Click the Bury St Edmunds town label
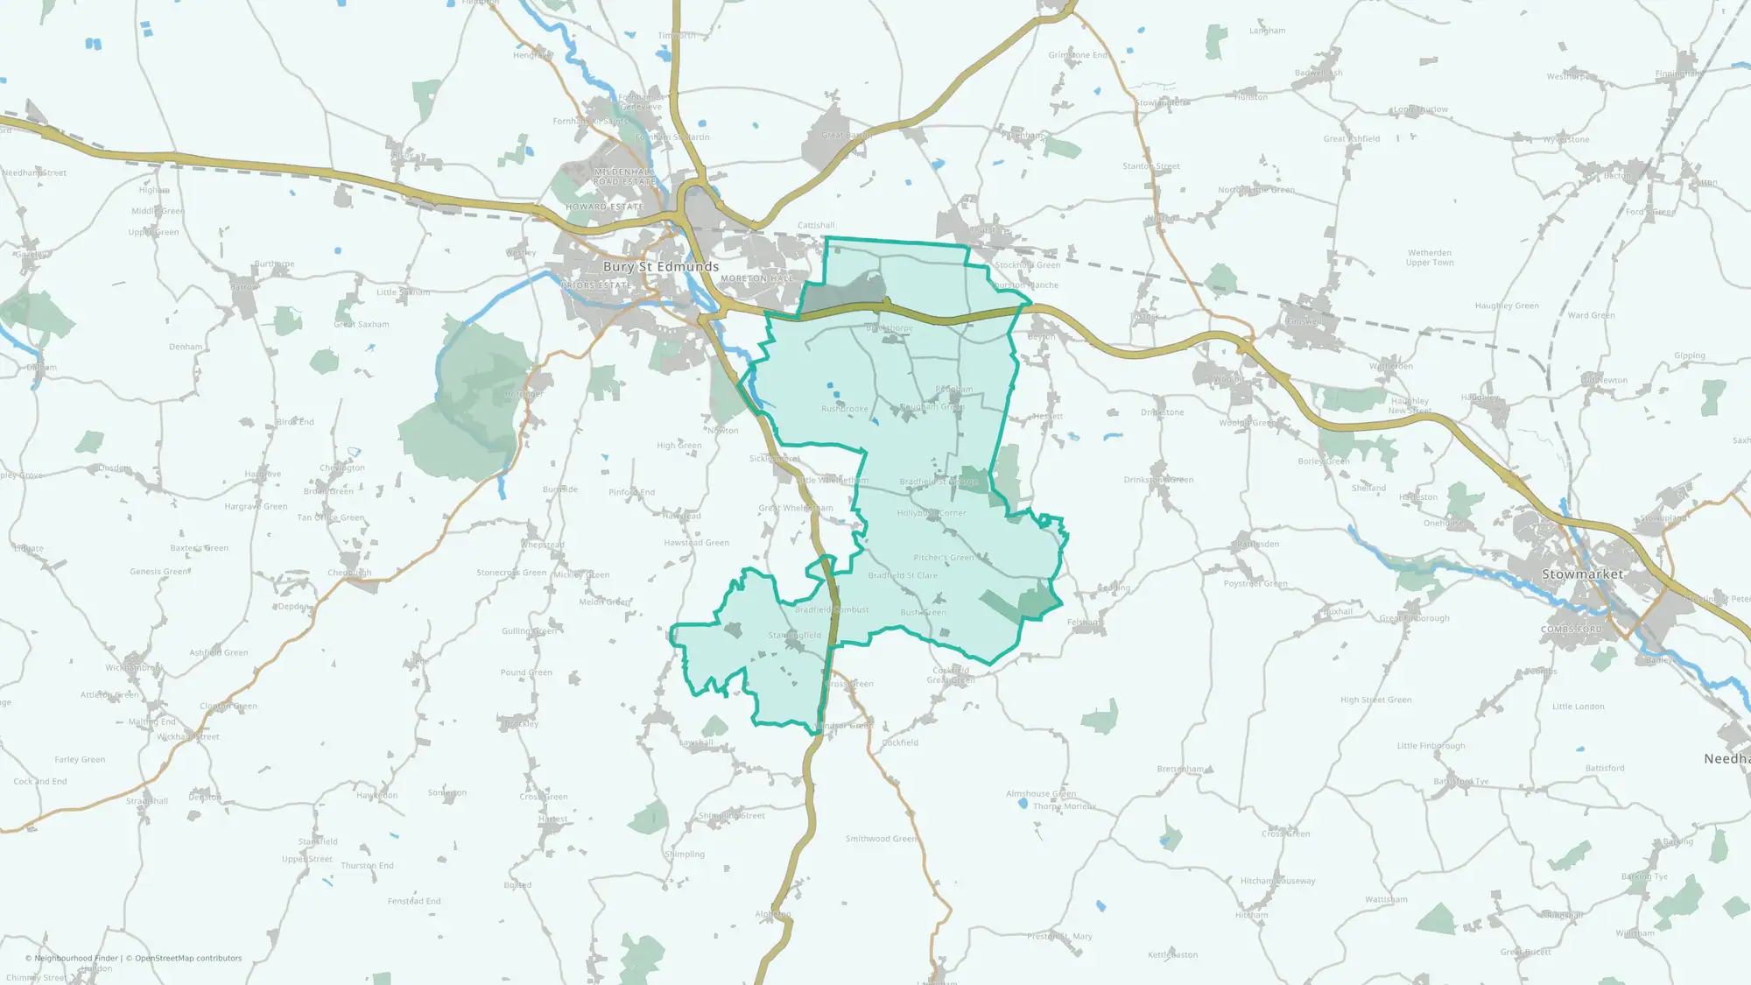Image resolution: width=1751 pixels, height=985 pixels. [660, 266]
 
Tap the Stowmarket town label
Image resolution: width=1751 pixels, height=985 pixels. [1582, 574]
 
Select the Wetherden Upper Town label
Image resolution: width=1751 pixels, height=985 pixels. [1430, 257]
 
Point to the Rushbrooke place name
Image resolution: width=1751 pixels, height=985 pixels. [845, 409]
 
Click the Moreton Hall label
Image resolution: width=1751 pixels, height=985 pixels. [756, 278]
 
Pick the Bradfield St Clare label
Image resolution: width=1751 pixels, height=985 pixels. [903, 575]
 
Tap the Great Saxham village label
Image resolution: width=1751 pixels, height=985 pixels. [361, 324]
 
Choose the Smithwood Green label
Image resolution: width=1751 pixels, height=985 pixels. [881, 839]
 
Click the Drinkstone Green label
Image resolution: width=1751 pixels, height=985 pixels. [1158, 480]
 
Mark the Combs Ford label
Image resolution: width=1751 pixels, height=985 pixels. [1571, 630]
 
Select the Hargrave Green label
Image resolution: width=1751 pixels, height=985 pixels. [256, 506]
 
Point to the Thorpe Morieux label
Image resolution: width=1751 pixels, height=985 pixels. [1064, 806]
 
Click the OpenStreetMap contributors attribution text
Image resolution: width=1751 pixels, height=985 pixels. [188, 958]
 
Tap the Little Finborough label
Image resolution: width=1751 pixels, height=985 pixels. [1431, 746]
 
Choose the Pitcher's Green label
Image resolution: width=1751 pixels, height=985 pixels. [943, 558]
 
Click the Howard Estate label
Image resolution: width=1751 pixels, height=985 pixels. [604, 207]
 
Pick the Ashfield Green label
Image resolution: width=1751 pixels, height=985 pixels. [218, 652]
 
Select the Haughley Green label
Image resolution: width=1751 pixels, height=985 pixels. [1506, 306]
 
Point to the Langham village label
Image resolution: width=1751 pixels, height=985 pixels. [1267, 31]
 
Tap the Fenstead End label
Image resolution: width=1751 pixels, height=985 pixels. [414, 901]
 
